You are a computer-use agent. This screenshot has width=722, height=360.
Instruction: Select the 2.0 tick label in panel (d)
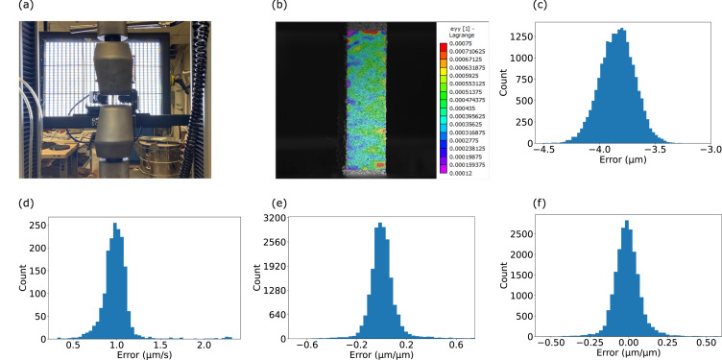pos(201,343)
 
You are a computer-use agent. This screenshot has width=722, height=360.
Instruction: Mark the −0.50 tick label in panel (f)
pos(550,343)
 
